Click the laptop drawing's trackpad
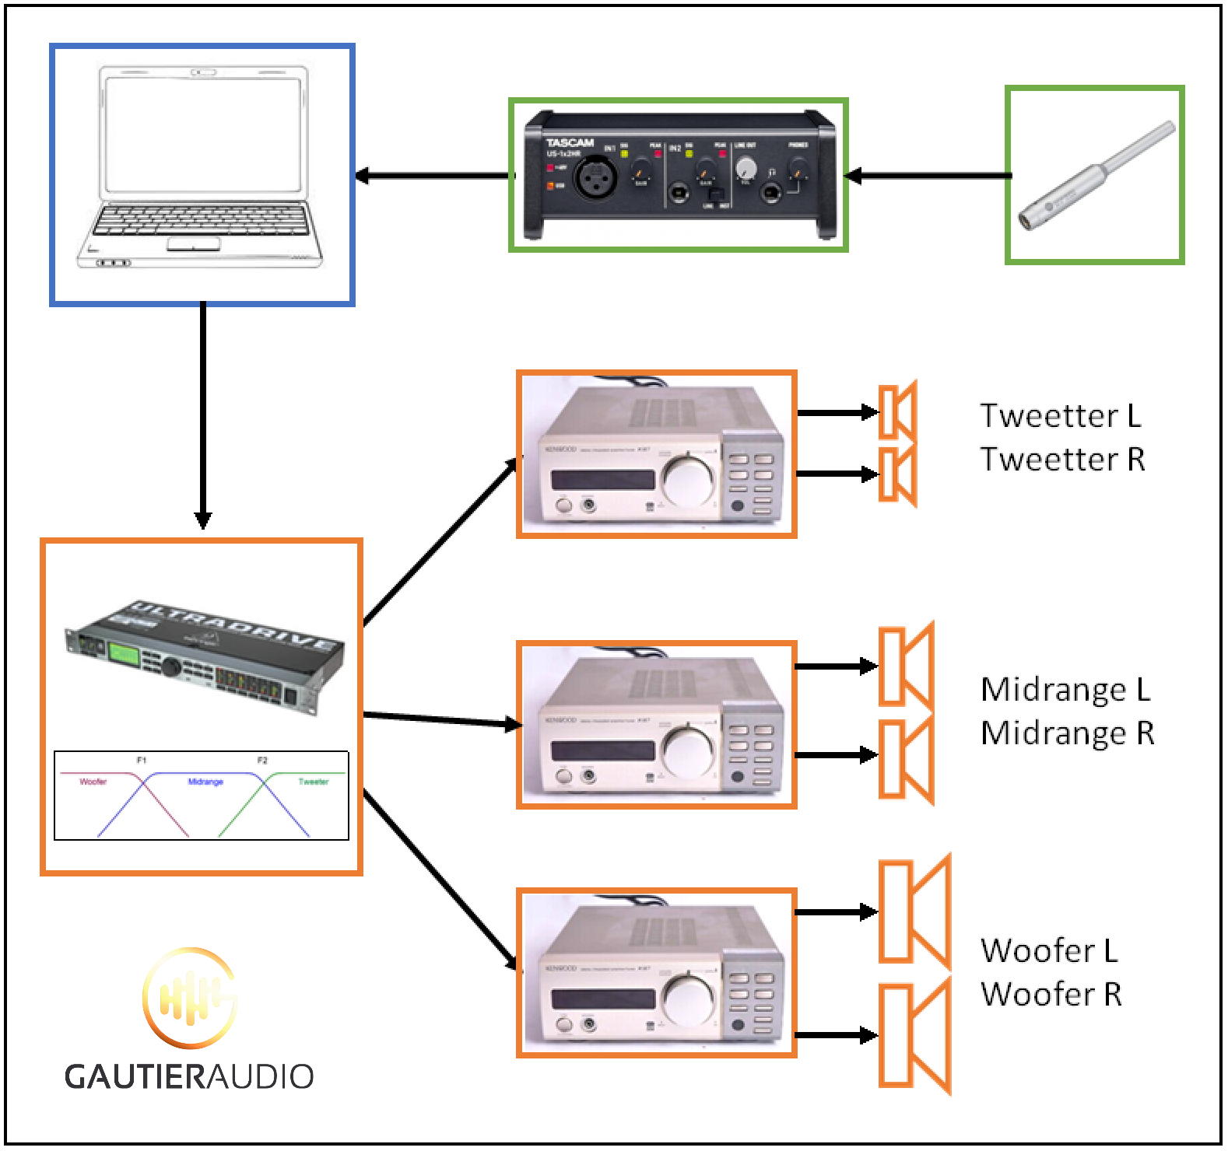(194, 244)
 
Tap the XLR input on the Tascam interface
(595, 177)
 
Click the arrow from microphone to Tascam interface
(926, 177)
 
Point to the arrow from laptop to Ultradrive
(203, 412)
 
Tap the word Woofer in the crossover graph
(93, 782)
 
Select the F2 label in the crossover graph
(262, 760)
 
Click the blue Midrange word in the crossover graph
(205, 782)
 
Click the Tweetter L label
(1060, 415)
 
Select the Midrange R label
(1067, 733)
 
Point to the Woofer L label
(1048, 950)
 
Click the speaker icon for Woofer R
(914, 1035)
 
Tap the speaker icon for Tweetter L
(897, 411)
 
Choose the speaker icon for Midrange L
(905, 666)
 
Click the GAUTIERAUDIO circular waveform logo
(189, 997)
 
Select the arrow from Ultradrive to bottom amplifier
(440, 879)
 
